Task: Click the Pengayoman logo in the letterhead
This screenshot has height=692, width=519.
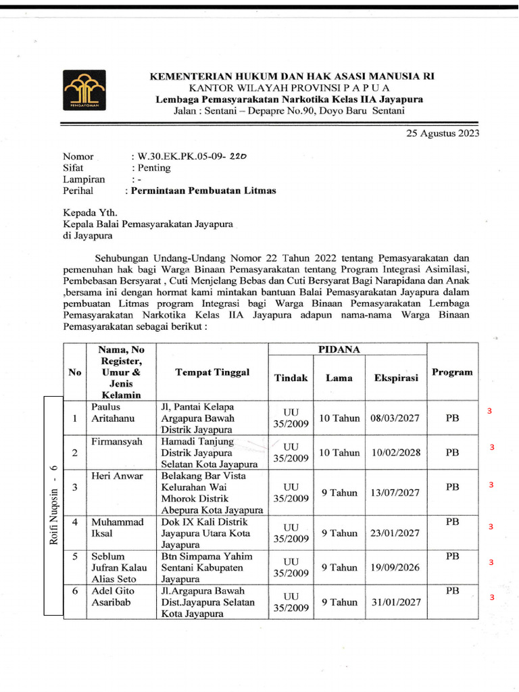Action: point(86,91)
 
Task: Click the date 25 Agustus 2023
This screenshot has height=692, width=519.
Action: point(443,133)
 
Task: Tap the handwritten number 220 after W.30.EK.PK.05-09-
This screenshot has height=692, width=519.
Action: point(238,155)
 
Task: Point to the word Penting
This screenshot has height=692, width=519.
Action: point(154,168)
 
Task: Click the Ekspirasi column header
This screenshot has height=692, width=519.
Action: point(396,378)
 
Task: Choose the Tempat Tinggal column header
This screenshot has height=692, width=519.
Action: point(212,372)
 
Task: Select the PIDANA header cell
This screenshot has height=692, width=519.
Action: point(347,349)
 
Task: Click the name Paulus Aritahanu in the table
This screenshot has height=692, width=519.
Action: point(113,412)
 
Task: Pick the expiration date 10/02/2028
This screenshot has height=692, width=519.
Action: point(395,452)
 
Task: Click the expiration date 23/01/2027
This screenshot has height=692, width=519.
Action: point(395,533)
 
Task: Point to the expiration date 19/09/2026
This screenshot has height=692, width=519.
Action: point(395,568)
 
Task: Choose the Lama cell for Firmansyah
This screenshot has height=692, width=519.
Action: point(339,452)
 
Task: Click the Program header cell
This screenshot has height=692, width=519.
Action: point(452,372)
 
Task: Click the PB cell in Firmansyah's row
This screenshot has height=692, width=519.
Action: point(452,452)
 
